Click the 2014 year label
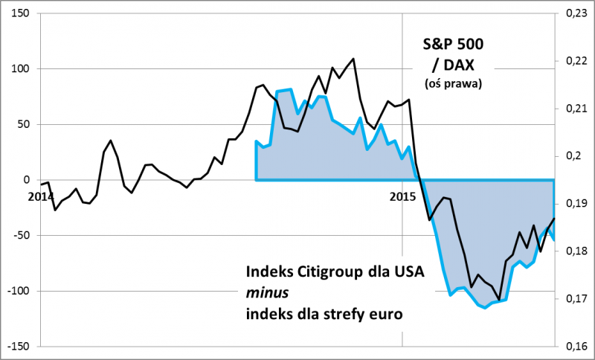pos(41,196)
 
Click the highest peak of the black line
pos(353,59)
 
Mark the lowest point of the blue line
pos(486,307)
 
